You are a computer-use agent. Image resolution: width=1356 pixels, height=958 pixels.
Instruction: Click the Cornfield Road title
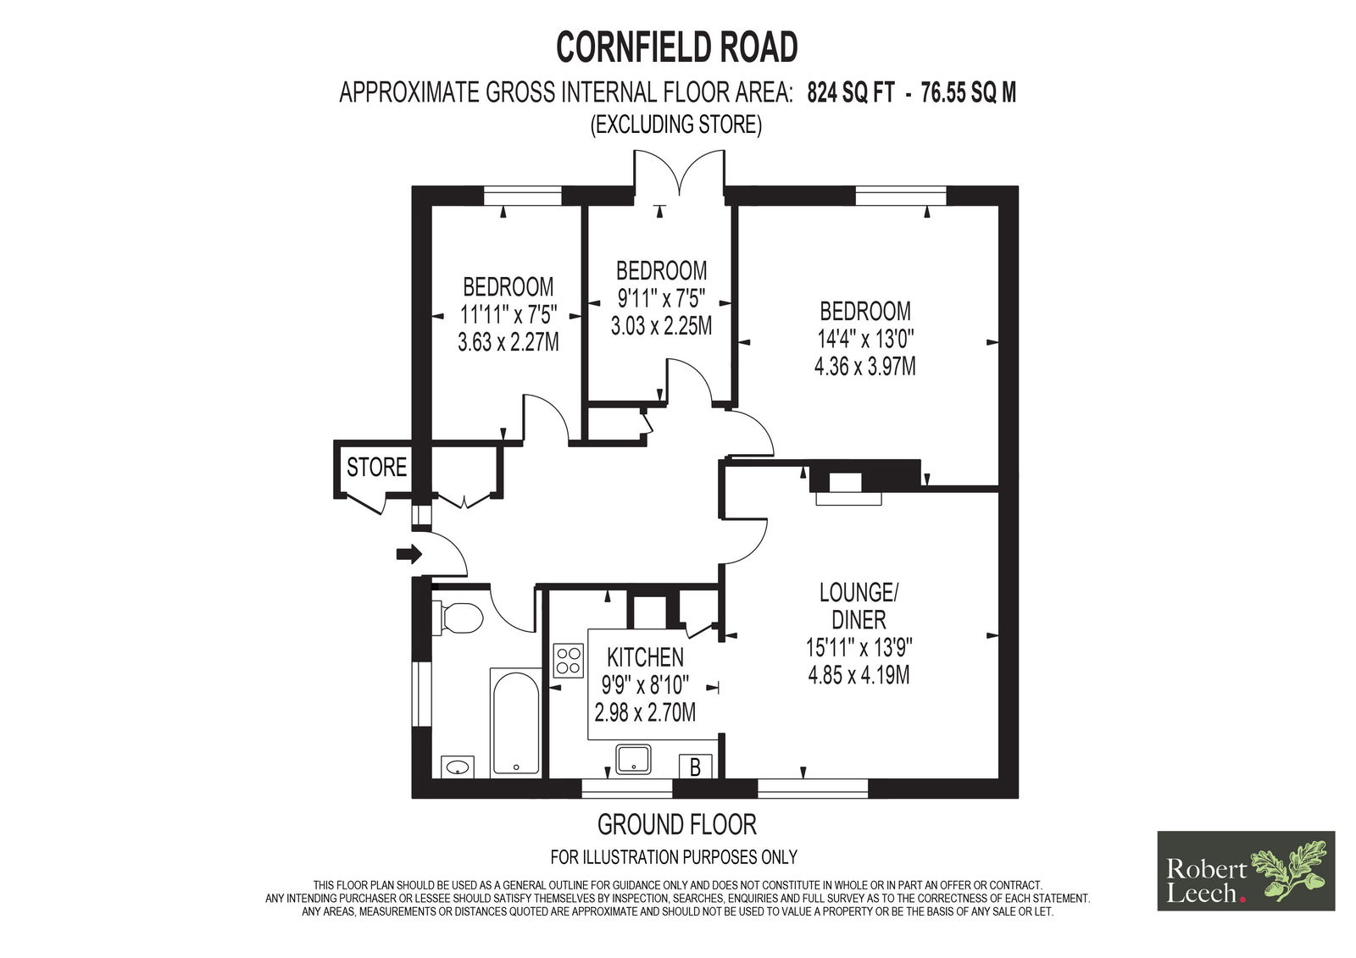click(677, 47)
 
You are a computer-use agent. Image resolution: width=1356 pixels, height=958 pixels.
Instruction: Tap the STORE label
click(376, 468)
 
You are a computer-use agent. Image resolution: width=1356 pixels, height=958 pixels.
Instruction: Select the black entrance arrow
click(409, 553)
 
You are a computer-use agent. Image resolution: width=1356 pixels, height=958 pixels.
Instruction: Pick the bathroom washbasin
click(458, 767)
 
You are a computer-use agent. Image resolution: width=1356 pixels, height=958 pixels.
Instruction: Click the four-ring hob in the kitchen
click(569, 660)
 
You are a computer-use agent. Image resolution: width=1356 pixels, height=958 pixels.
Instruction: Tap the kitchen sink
click(633, 759)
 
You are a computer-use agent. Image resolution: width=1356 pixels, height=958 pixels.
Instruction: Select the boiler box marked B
click(696, 767)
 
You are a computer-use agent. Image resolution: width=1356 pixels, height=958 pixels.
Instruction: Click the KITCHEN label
click(645, 656)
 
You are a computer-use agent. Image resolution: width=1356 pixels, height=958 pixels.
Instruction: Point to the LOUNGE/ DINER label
click(859, 606)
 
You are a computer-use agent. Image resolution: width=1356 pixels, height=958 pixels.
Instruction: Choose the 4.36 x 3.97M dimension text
click(865, 367)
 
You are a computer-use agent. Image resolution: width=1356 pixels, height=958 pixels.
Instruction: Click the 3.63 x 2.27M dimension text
click(508, 343)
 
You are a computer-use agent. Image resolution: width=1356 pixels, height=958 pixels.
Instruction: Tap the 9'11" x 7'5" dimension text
click(661, 298)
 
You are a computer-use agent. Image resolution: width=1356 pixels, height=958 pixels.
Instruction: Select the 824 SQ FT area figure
click(851, 93)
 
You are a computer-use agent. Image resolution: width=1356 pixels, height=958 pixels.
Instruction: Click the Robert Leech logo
click(1246, 871)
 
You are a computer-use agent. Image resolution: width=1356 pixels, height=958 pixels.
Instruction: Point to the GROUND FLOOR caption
click(677, 824)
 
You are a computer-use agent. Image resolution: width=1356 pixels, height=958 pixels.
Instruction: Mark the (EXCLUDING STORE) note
click(676, 125)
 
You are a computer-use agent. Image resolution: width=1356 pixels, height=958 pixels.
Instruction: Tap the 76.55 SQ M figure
click(969, 93)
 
